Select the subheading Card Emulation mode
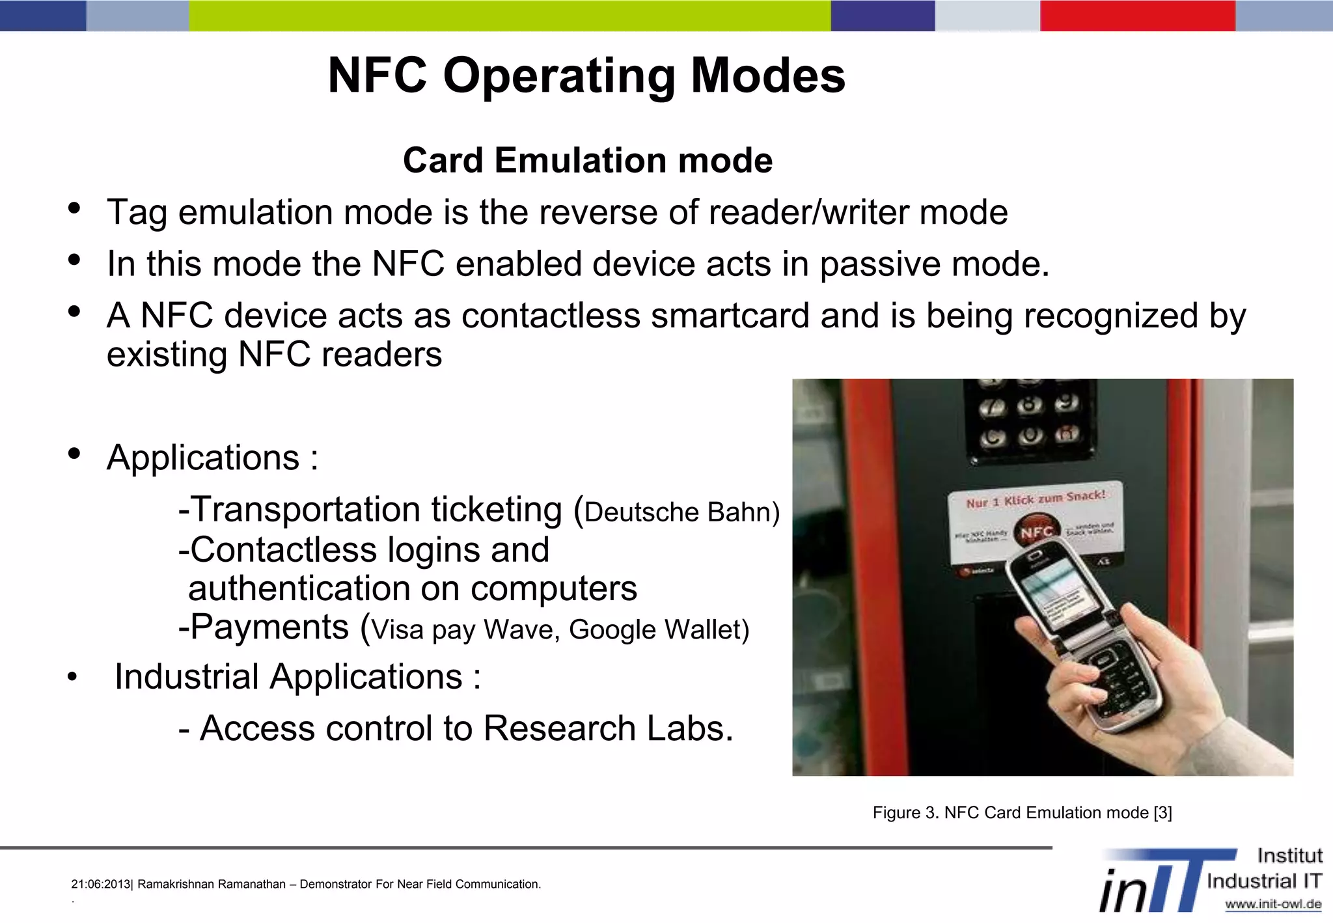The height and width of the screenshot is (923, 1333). coord(587,160)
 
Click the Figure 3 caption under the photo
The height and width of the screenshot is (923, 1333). coord(1022,813)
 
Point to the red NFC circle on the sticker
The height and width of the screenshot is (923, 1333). coord(1036,531)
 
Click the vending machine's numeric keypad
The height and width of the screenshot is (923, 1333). coord(1028,420)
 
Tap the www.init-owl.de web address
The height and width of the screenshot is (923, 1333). coord(1272,904)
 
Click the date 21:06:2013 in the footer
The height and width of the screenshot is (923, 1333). coord(101,885)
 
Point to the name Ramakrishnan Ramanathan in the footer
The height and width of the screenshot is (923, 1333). coord(212,885)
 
